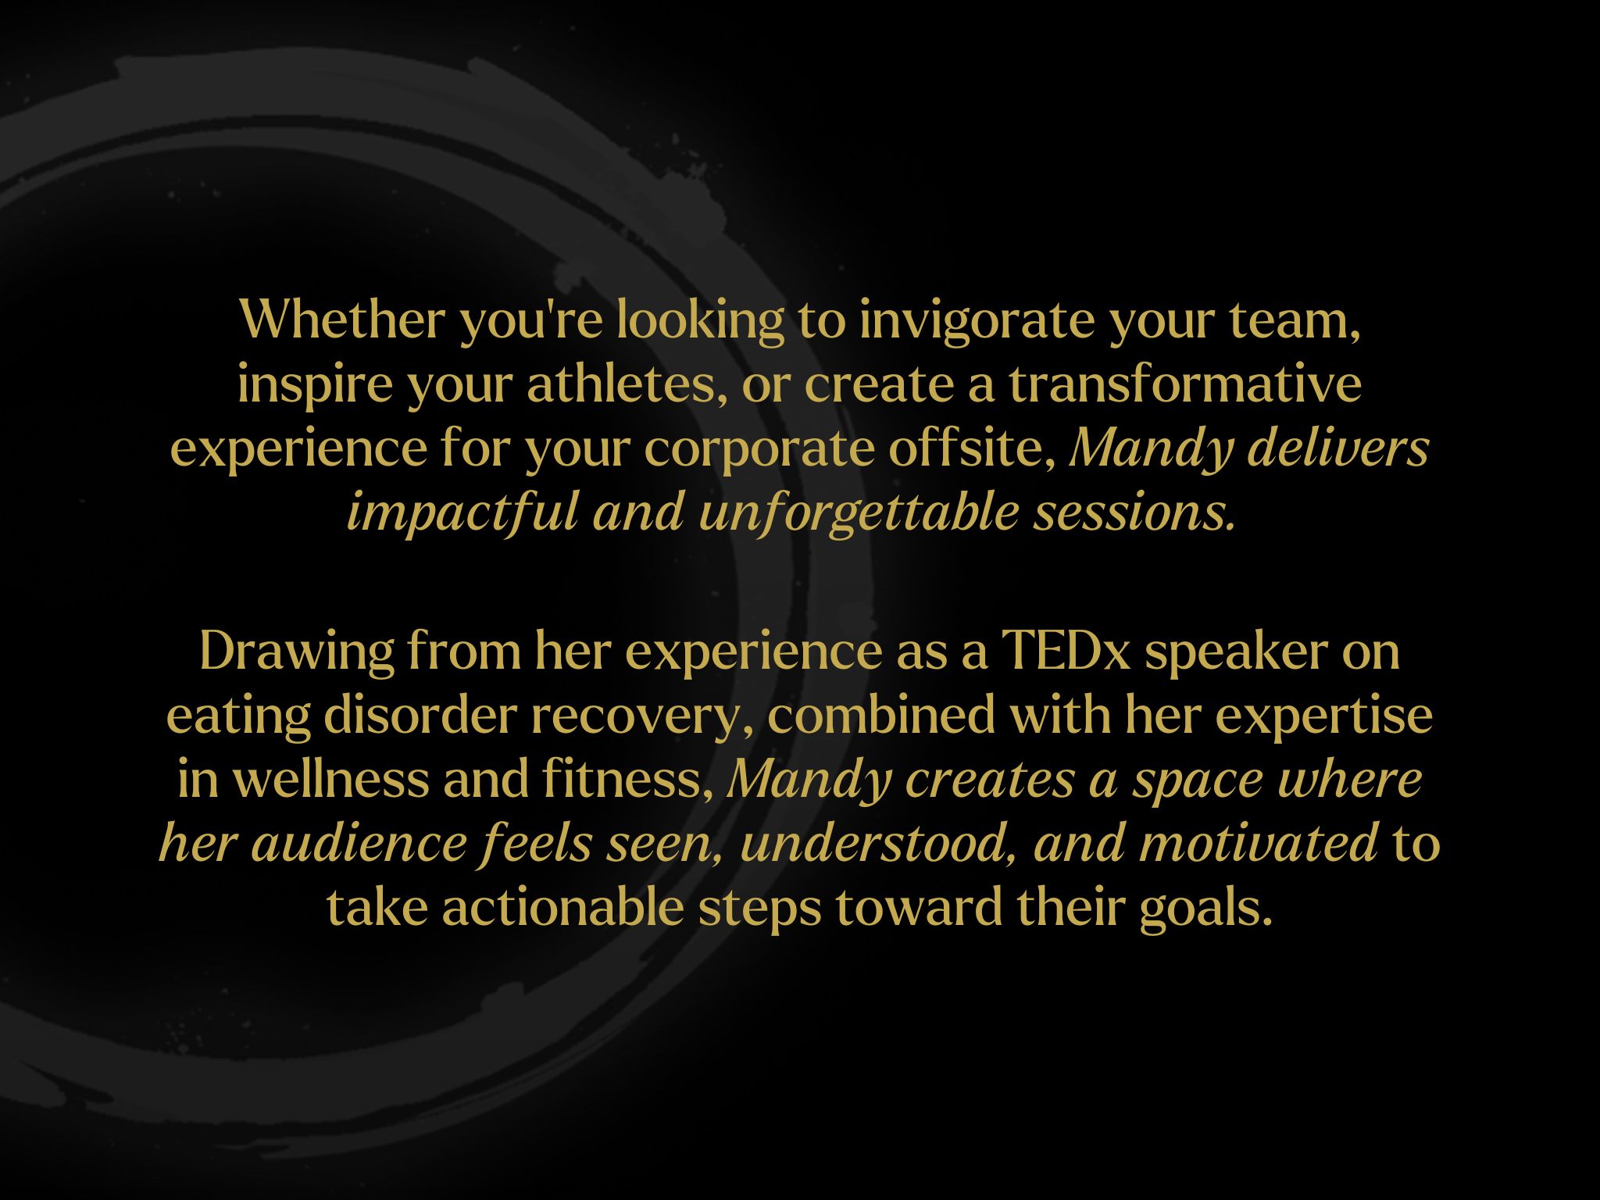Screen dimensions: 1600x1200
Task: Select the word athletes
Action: click(621, 384)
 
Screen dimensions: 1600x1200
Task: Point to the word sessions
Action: click(1135, 514)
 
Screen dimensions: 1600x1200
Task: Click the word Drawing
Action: click(296, 651)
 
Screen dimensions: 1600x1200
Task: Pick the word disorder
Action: click(420, 715)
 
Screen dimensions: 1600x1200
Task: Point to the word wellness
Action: click(330, 779)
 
